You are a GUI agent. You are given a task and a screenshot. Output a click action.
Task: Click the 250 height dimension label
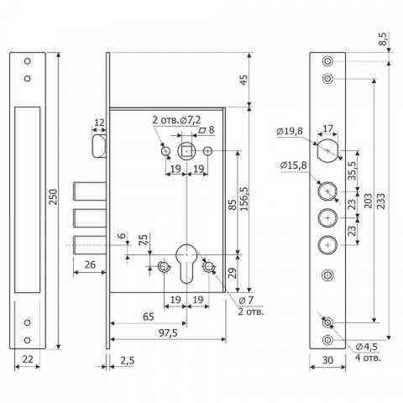(54, 196)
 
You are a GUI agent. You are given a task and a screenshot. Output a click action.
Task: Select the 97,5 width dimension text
(168, 332)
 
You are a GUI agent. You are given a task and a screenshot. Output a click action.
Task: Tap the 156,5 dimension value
(244, 198)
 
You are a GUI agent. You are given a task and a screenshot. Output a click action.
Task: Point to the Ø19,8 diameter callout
(290, 131)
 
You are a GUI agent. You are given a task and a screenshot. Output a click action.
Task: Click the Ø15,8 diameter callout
(294, 165)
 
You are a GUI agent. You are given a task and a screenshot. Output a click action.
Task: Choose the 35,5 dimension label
(353, 170)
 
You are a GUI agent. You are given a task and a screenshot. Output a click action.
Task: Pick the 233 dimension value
(380, 201)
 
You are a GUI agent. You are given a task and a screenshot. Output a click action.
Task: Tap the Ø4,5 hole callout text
(367, 347)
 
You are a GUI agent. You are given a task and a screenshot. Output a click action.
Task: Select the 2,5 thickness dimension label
(128, 360)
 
